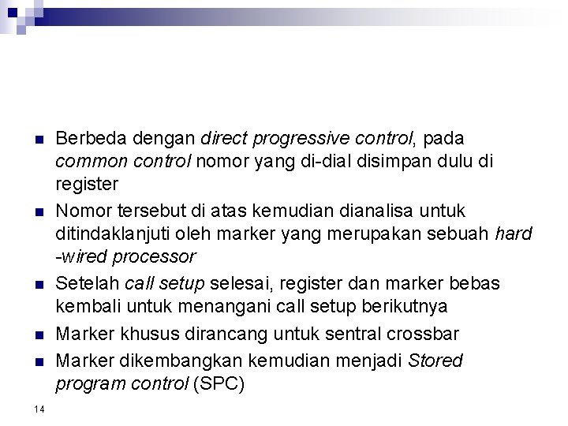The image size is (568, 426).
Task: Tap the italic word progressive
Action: click(x=284, y=139)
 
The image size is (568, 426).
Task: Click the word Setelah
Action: click(x=88, y=282)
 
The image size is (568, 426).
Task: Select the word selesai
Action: click(x=238, y=282)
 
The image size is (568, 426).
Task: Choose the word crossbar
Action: click(x=426, y=333)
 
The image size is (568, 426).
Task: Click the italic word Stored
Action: click(x=435, y=361)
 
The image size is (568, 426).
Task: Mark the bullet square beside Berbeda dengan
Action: click(x=39, y=140)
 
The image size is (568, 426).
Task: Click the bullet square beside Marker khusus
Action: click(x=39, y=334)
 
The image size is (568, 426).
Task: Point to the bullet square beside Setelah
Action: click(x=39, y=284)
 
